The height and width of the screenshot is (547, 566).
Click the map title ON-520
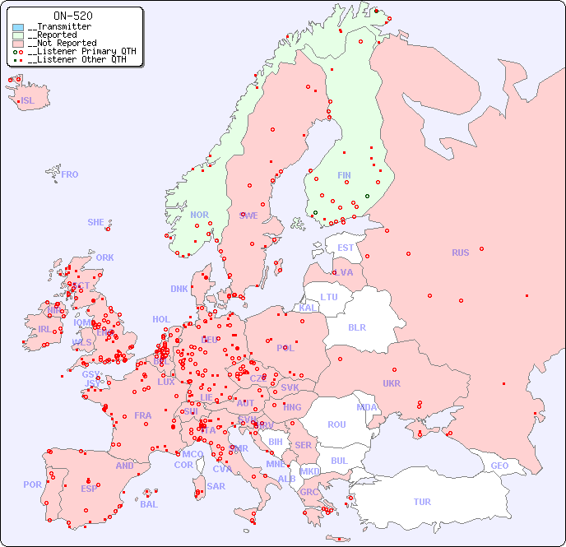(x=72, y=16)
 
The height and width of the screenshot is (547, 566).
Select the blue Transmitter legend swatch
(x=18, y=27)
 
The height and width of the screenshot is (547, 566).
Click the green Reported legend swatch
(x=18, y=35)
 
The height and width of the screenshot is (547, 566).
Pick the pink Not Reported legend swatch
(x=18, y=44)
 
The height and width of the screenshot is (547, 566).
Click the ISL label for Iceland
(x=28, y=101)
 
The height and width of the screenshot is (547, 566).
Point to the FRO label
(x=70, y=174)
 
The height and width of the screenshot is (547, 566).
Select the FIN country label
(x=344, y=175)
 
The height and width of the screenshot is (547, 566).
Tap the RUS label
(x=460, y=253)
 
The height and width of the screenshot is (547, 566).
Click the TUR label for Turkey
(x=422, y=502)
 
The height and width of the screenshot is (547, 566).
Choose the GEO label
(x=499, y=466)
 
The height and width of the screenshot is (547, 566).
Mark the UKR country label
(x=392, y=383)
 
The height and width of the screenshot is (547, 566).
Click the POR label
(x=32, y=484)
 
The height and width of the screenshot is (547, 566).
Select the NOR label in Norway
(x=199, y=215)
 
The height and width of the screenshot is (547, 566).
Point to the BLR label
(x=356, y=327)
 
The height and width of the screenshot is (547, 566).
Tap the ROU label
(x=336, y=424)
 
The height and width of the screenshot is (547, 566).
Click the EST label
(x=346, y=248)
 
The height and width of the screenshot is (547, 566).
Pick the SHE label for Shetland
(x=96, y=222)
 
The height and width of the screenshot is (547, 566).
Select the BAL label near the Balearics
(x=148, y=504)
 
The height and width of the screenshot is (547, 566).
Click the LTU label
(x=329, y=297)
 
